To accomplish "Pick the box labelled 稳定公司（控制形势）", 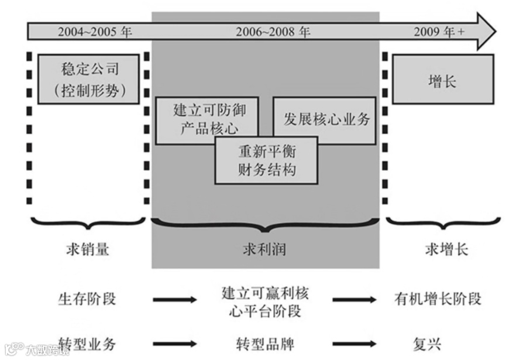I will (x=89, y=79).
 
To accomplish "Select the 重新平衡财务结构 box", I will (x=267, y=160).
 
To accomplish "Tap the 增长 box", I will (x=443, y=79).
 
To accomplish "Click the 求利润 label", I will (x=264, y=250).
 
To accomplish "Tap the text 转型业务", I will (x=87, y=342).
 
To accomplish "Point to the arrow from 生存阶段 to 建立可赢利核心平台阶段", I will (x=175, y=300).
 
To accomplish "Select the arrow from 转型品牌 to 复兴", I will (x=355, y=344).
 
